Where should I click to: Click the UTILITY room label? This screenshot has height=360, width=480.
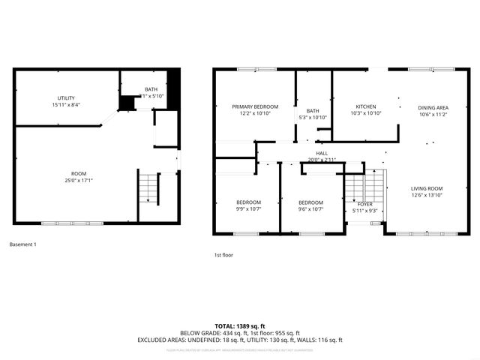pos(66,98)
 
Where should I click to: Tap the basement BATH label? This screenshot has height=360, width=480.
pos(151,89)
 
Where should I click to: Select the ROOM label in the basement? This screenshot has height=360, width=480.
pos(78,173)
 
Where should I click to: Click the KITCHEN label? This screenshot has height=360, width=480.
pos(366,107)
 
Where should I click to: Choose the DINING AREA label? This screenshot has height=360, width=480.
pos(432,107)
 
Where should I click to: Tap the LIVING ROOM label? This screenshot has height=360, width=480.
pos(426,188)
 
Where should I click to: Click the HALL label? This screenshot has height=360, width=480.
pos(322,153)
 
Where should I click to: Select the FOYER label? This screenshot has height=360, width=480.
pos(365,204)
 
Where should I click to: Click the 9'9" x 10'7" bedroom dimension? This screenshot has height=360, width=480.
pos(248,210)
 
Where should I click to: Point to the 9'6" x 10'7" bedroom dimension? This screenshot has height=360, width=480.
pos(310,210)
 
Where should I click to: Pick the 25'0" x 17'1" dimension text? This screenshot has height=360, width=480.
pos(78,180)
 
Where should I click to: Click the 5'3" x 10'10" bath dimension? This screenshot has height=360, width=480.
pos(313,118)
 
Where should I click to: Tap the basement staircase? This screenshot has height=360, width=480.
pos(148,187)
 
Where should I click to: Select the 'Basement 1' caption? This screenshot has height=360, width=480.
pos(22,244)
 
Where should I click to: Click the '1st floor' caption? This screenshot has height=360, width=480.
pos(223,255)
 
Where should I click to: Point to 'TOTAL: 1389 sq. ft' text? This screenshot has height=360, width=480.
pos(239,325)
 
